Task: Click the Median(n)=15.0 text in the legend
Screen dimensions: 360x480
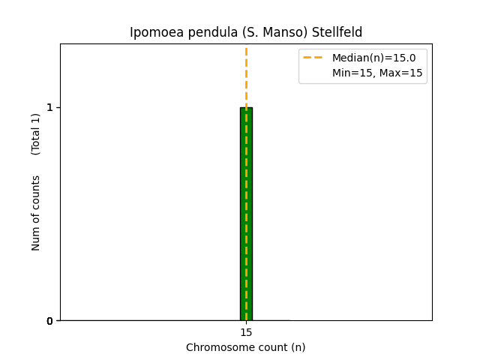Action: (373, 58)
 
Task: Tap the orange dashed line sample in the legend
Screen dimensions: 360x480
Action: (313, 58)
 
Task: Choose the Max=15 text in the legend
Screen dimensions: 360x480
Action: (404, 73)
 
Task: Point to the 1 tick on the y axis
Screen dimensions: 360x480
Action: (50, 107)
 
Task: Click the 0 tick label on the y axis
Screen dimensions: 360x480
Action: (50, 321)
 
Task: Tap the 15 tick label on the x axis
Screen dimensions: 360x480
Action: (246, 332)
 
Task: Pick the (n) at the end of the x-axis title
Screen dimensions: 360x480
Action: (298, 347)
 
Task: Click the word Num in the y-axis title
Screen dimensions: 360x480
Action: (36, 238)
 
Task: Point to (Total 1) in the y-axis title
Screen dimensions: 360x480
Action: (36, 133)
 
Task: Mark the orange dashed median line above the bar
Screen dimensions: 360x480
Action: (246, 75)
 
